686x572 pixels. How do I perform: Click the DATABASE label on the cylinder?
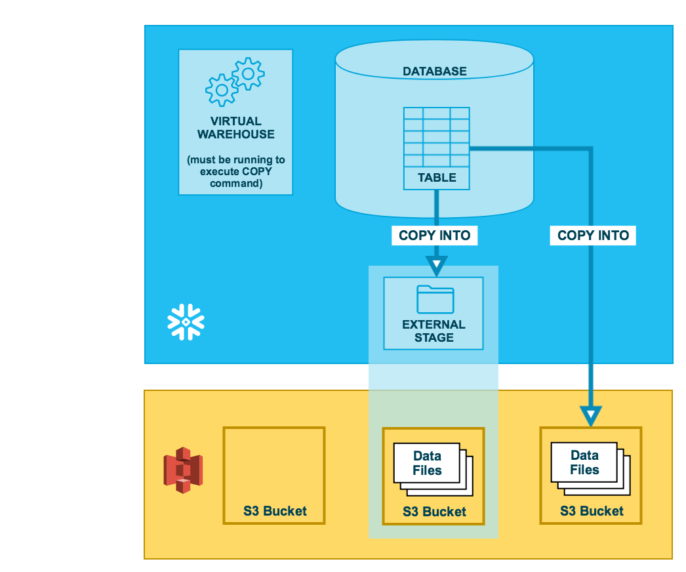434,71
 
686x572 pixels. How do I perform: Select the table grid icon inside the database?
436,137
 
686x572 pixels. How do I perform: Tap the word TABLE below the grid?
436,178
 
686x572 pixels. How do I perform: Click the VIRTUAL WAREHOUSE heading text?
235,127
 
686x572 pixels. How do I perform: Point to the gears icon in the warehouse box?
235,81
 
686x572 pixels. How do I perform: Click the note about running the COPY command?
235,171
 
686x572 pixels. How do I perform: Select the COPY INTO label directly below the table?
434,235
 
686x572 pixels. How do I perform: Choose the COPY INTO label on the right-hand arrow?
593,235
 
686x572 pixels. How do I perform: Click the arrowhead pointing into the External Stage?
437,266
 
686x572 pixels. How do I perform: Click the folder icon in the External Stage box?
435,299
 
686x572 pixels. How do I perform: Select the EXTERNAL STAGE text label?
434,331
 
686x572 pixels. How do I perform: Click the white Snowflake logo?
186,322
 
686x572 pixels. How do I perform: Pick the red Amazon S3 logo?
183,470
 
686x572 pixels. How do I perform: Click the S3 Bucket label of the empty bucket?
275,511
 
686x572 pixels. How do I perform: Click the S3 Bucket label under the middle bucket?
434,512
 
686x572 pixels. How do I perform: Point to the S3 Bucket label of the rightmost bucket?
592,511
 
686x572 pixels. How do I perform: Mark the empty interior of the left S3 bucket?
274,466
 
